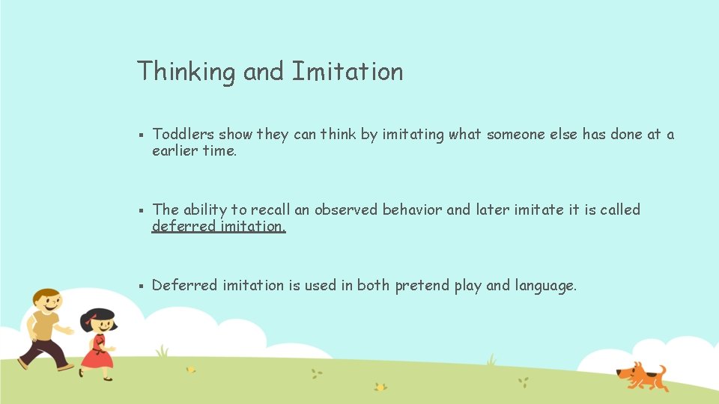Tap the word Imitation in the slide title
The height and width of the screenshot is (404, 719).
(x=347, y=72)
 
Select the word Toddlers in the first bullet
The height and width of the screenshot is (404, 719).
(x=183, y=135)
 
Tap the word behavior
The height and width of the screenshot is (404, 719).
(x=412, y=210)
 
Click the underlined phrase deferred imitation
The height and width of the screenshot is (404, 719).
(x=219, y=226)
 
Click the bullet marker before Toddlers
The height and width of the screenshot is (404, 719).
(x=141, y=135)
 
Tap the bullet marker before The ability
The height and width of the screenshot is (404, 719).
(x=141, y=211)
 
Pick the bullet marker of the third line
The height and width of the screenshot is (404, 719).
(x=141, y=286)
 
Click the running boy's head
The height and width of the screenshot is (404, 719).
(x=47, y=301)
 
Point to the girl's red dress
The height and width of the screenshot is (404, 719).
(x=97, y=352)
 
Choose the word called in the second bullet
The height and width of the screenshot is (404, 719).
(x=620, y=210)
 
